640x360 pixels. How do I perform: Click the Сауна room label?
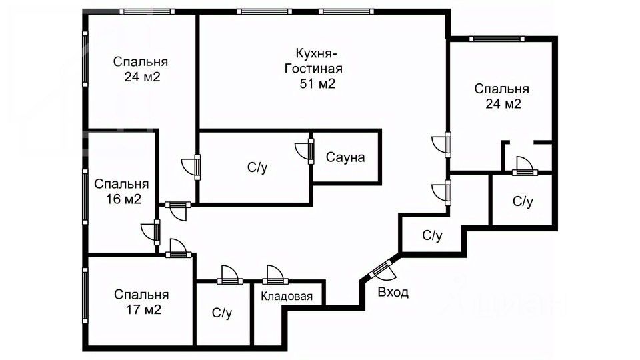point(345,158)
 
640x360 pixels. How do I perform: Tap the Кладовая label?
point(286,297)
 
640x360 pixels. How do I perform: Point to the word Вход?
point(393,292)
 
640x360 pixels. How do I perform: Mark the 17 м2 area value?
point(141,309)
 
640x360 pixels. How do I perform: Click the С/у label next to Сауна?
point(257,168)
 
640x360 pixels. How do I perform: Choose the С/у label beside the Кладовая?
point(221,312)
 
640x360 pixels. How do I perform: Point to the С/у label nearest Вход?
point(432,235)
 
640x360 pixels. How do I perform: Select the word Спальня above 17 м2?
point(141,294)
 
